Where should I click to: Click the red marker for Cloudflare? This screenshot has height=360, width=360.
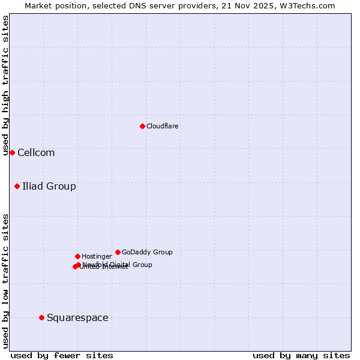pyautogui.click(x=142, y=126)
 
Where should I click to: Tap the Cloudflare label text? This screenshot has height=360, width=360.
pyautogui.click(x=162, y=126)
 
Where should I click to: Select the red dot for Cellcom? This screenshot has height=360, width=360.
pyautogui.click(x=12, y=152)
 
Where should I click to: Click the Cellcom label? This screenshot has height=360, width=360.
pyautogui.click(x=36, y=152)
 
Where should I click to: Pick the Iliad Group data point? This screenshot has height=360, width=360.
pyautogui.click(x=17, y=186)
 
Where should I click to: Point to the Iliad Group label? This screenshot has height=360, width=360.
pyautogui.click(x=49, y=186)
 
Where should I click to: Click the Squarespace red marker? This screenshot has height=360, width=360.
pyautogui.click(x=41, y=317)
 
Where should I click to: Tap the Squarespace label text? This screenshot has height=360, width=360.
pyautogui.click(x=77, y=317)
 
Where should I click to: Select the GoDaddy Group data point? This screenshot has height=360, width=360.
pyautogui.click(x=118, y=252)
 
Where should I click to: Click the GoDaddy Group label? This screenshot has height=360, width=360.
pyautogui.click(x=147, y=252)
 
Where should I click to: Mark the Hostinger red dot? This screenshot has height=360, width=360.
pyautogui.click(x=77, y=256)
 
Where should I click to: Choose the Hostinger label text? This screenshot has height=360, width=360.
pyautogui.click(x=97, y=256)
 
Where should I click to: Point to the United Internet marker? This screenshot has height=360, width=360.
pyautogui.click(x=75, y=266)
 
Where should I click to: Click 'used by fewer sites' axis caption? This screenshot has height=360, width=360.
pyautogui.click(x=62, y=355)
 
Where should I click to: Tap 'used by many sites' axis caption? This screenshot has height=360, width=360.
pyautogui.click(x=301, y=355)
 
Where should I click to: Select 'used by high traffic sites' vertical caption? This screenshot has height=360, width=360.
pyautogui.click(x=5, y=85)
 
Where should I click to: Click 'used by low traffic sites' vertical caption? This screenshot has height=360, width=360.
pyautogui.click(x=5, y=280)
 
